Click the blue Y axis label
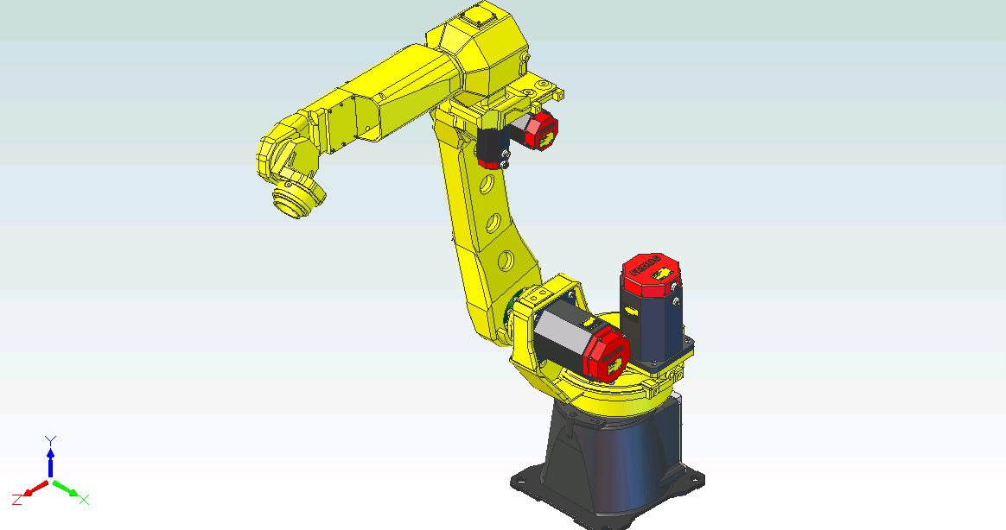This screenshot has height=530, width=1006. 50,440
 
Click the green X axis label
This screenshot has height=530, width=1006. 85,499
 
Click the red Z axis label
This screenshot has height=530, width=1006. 16,500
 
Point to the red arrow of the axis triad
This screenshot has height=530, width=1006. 35,489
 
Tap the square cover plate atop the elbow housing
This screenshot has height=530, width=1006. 476,14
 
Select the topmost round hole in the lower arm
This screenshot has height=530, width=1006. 487,183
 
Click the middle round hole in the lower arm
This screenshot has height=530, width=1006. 493,222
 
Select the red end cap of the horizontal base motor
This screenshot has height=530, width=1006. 608,356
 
